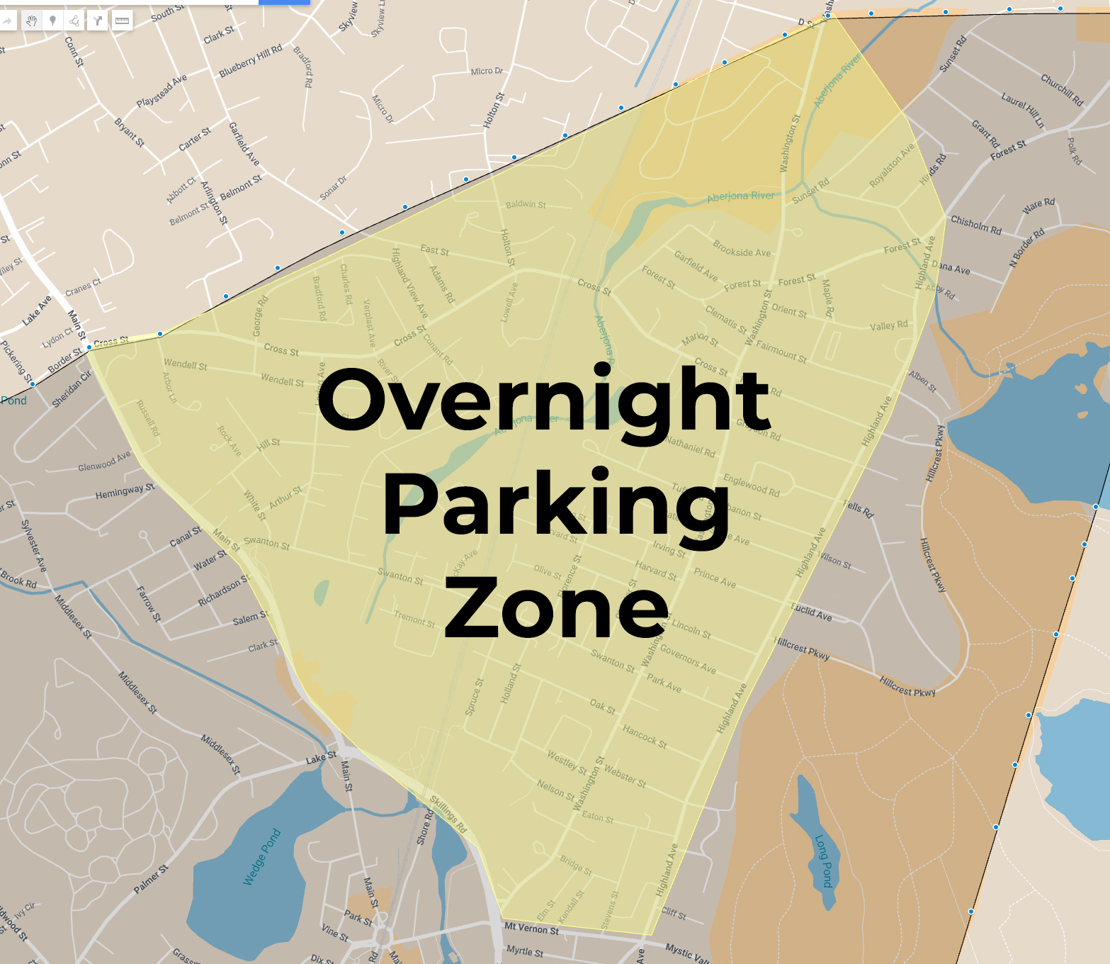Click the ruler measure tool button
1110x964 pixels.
pyautogui.click(x=122, y=21)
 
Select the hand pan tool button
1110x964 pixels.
pyautogui.click(x=31, y=21)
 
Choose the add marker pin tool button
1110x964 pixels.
pyautogui.click(x=53, y=21)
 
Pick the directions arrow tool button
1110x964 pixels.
pyautogui.click(x=98, y=21)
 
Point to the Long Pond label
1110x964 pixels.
pyautogui.click(x=823, y=861)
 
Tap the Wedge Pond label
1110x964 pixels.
pyautogui.click(x=262, y=857)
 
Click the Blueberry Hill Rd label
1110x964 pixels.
pyautogui.click(x=250, y=61)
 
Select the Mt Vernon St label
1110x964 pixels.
pyautogui.click(x=531, y=929)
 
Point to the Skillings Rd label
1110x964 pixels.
pyautogui.click(x=449, y=814)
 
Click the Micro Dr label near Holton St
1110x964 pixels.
pyautogui.click(x=487, y=71)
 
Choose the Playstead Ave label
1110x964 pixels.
pyautogui.click(x=162, y=90)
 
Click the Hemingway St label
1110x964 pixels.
pyautogui.click(x=125, y=491)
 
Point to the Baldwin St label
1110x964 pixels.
pyautogui.click(x=526, y=204)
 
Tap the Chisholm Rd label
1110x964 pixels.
pyautogui.click(x=975, y=225)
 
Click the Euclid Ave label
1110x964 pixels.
pyautogui.click(x=812, y=612)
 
